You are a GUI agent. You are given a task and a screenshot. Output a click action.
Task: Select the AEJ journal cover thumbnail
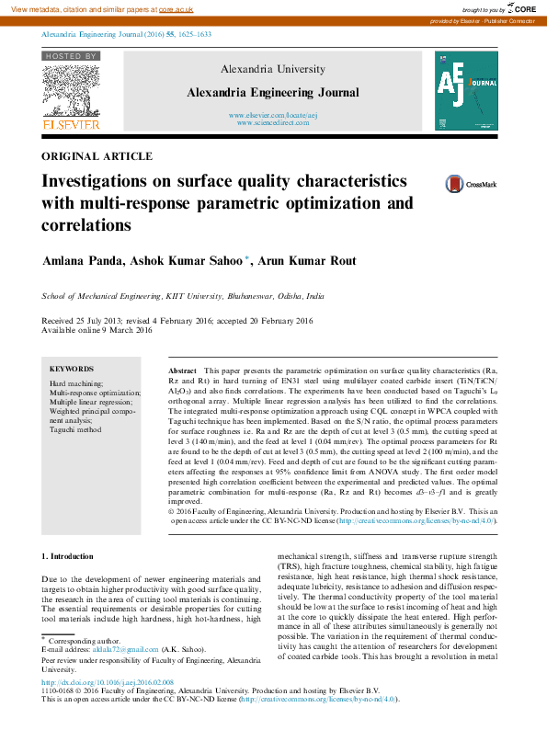(x=465, y=89)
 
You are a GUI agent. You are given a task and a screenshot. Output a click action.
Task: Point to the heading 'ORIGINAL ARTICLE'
(x=97, y=156)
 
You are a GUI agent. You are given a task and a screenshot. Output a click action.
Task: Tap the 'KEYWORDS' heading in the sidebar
(x=71, y=368)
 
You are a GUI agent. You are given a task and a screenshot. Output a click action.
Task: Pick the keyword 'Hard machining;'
(x=76, y=382)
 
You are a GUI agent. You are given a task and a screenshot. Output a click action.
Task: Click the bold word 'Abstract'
(x=183, y=369)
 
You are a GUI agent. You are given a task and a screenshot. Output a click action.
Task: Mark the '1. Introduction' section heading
(x=68, y=556)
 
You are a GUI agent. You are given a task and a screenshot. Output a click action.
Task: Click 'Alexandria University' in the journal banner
(x=273, y=69)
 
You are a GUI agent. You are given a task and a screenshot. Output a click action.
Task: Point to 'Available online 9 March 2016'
(x=97, y=330)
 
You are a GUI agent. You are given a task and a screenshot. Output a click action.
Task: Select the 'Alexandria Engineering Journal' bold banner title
(x=273, y=92)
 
